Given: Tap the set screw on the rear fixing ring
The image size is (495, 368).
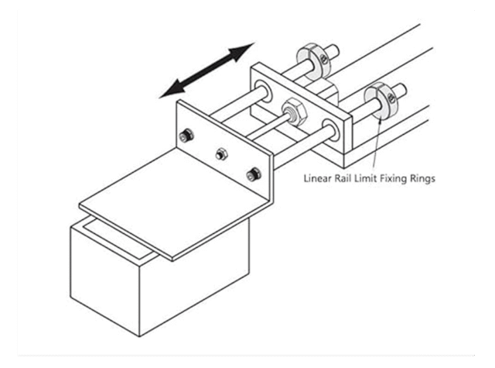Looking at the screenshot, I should [x=319, y=53].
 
